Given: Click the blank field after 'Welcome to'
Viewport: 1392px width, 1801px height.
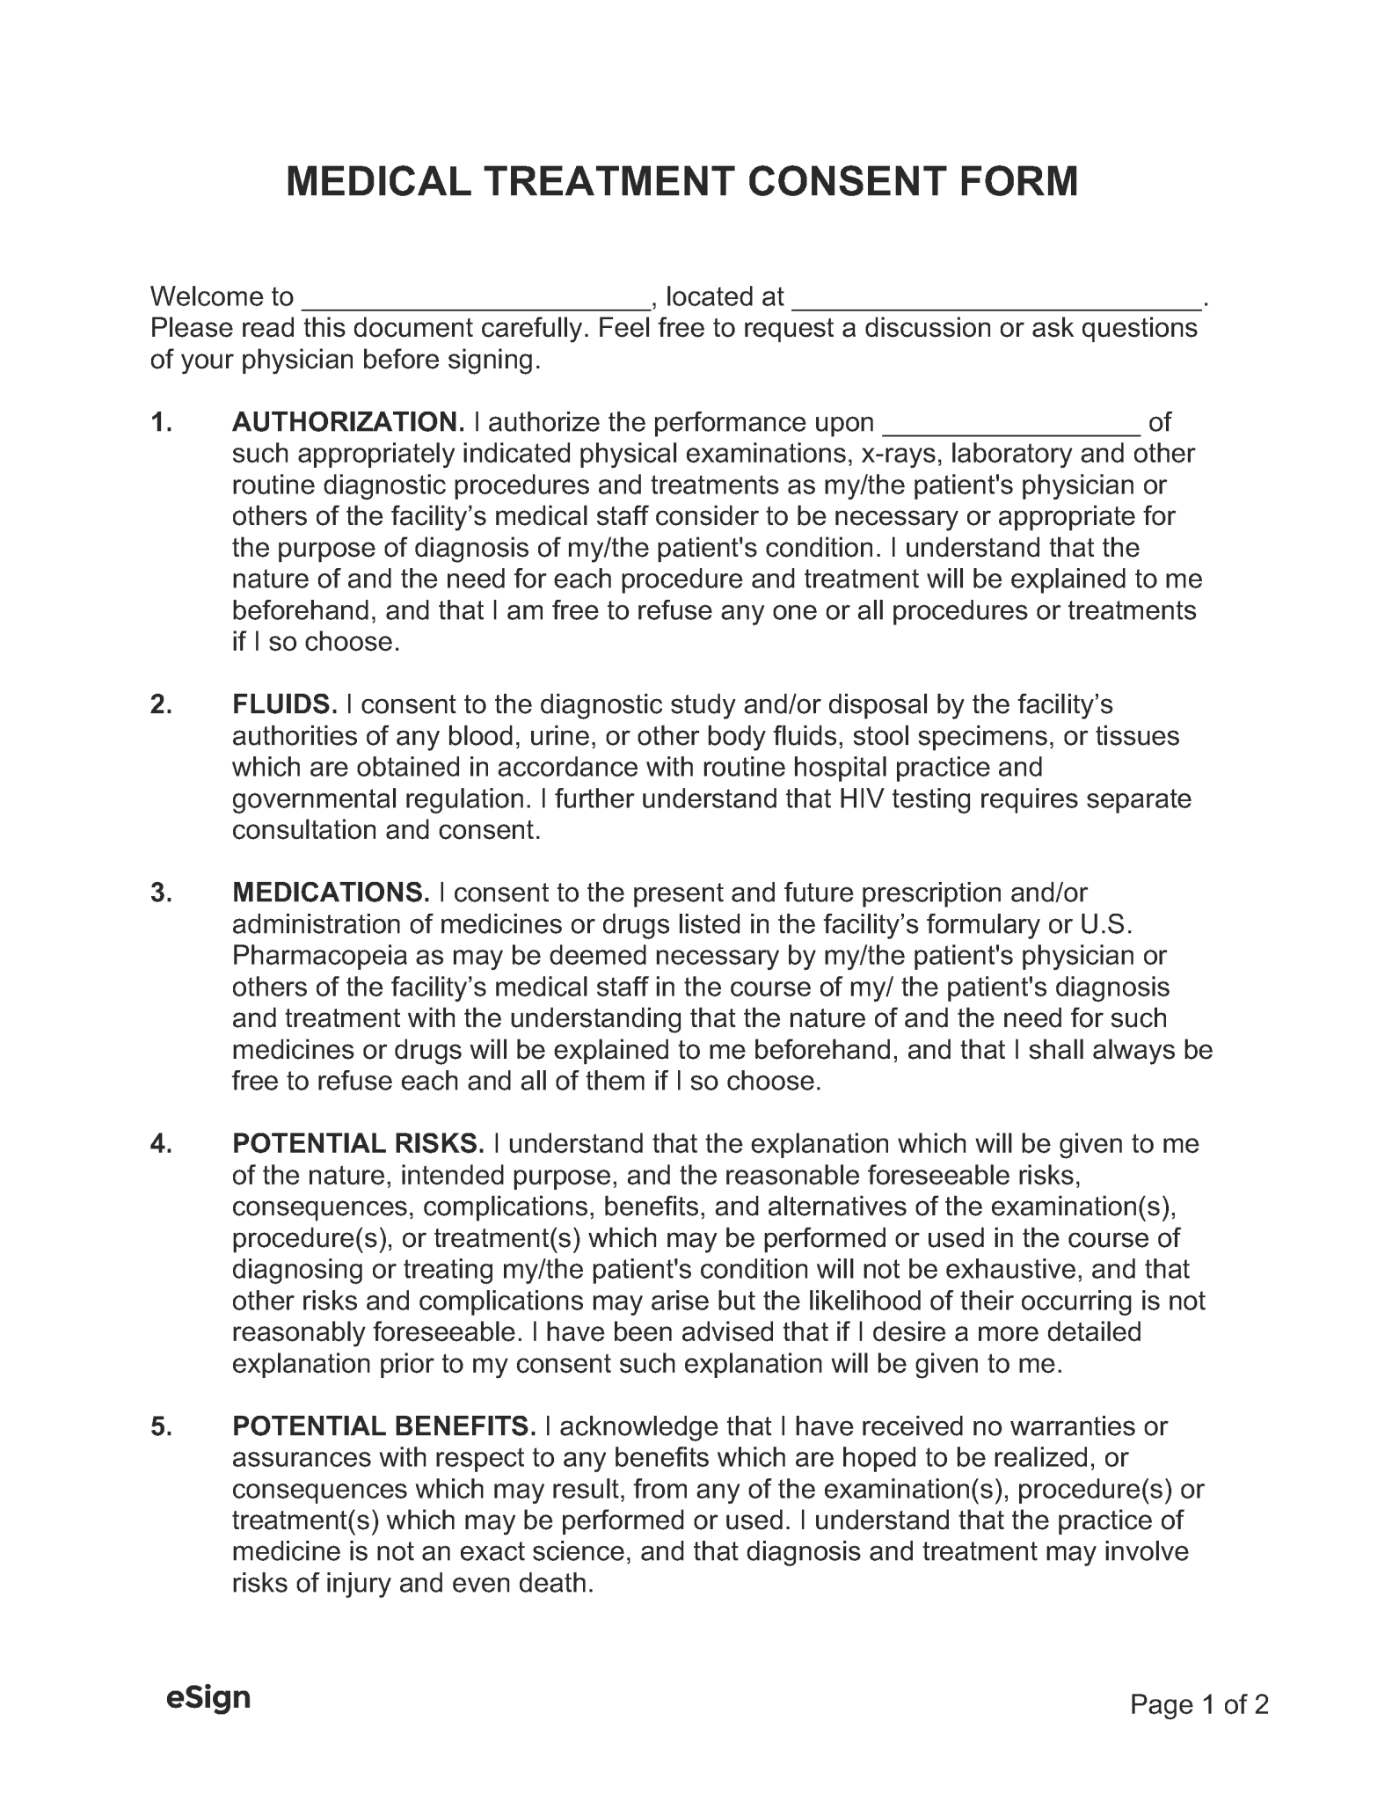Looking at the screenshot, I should pyautogui.click(x=476, y=300).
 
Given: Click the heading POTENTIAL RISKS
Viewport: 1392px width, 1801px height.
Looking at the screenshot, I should pyautogui.click(x=358, y=1143).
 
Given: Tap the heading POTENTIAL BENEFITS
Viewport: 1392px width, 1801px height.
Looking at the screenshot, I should pyautogui.click(x=383, y=1426).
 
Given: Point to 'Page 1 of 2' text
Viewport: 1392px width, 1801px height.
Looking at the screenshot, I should pyautogui.click(x=1199, y=1705).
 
